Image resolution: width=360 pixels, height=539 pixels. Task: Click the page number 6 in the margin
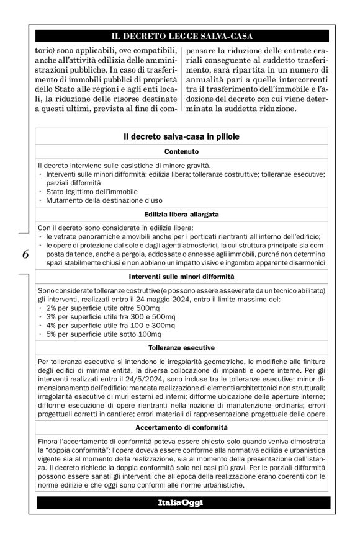[25, 254]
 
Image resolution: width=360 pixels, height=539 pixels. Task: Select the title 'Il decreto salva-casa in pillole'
[181, 136]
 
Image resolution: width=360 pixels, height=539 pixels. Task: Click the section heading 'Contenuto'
[181, 151]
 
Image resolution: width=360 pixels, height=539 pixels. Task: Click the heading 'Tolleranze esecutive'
[181, 348]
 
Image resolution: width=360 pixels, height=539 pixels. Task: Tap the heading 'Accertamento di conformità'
[181, 427]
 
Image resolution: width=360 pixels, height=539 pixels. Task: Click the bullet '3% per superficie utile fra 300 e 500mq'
[100, 317]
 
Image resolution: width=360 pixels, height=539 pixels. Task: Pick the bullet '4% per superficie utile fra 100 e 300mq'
[100, 326]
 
